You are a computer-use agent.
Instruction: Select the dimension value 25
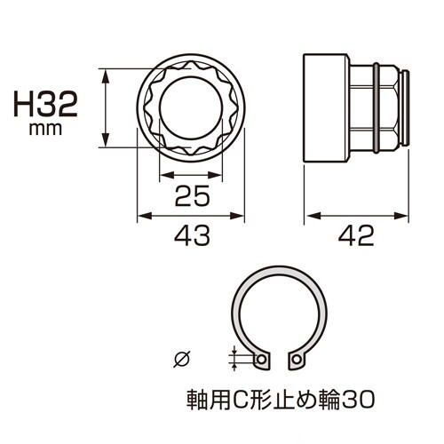(190, 197)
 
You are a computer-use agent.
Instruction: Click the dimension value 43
(190, 235)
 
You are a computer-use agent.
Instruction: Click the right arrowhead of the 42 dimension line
(405, 216)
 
